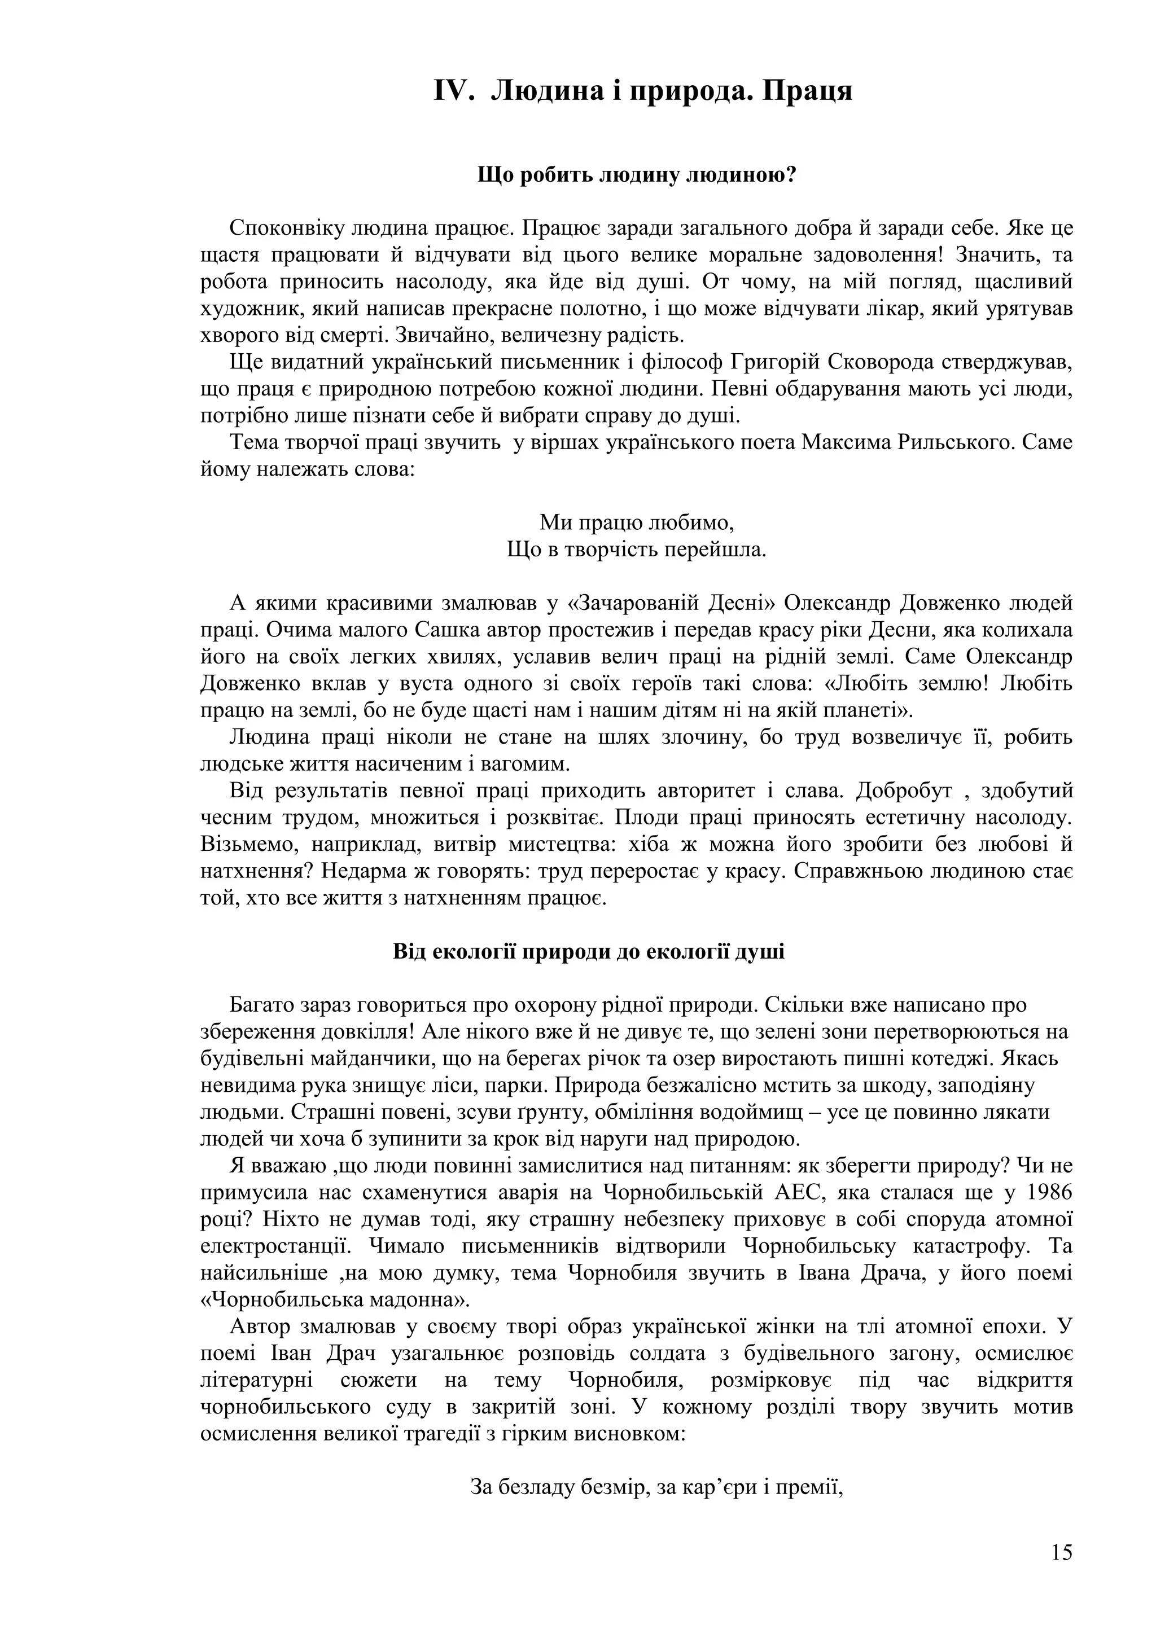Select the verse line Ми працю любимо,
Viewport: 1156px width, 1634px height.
[x=636, y=523]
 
